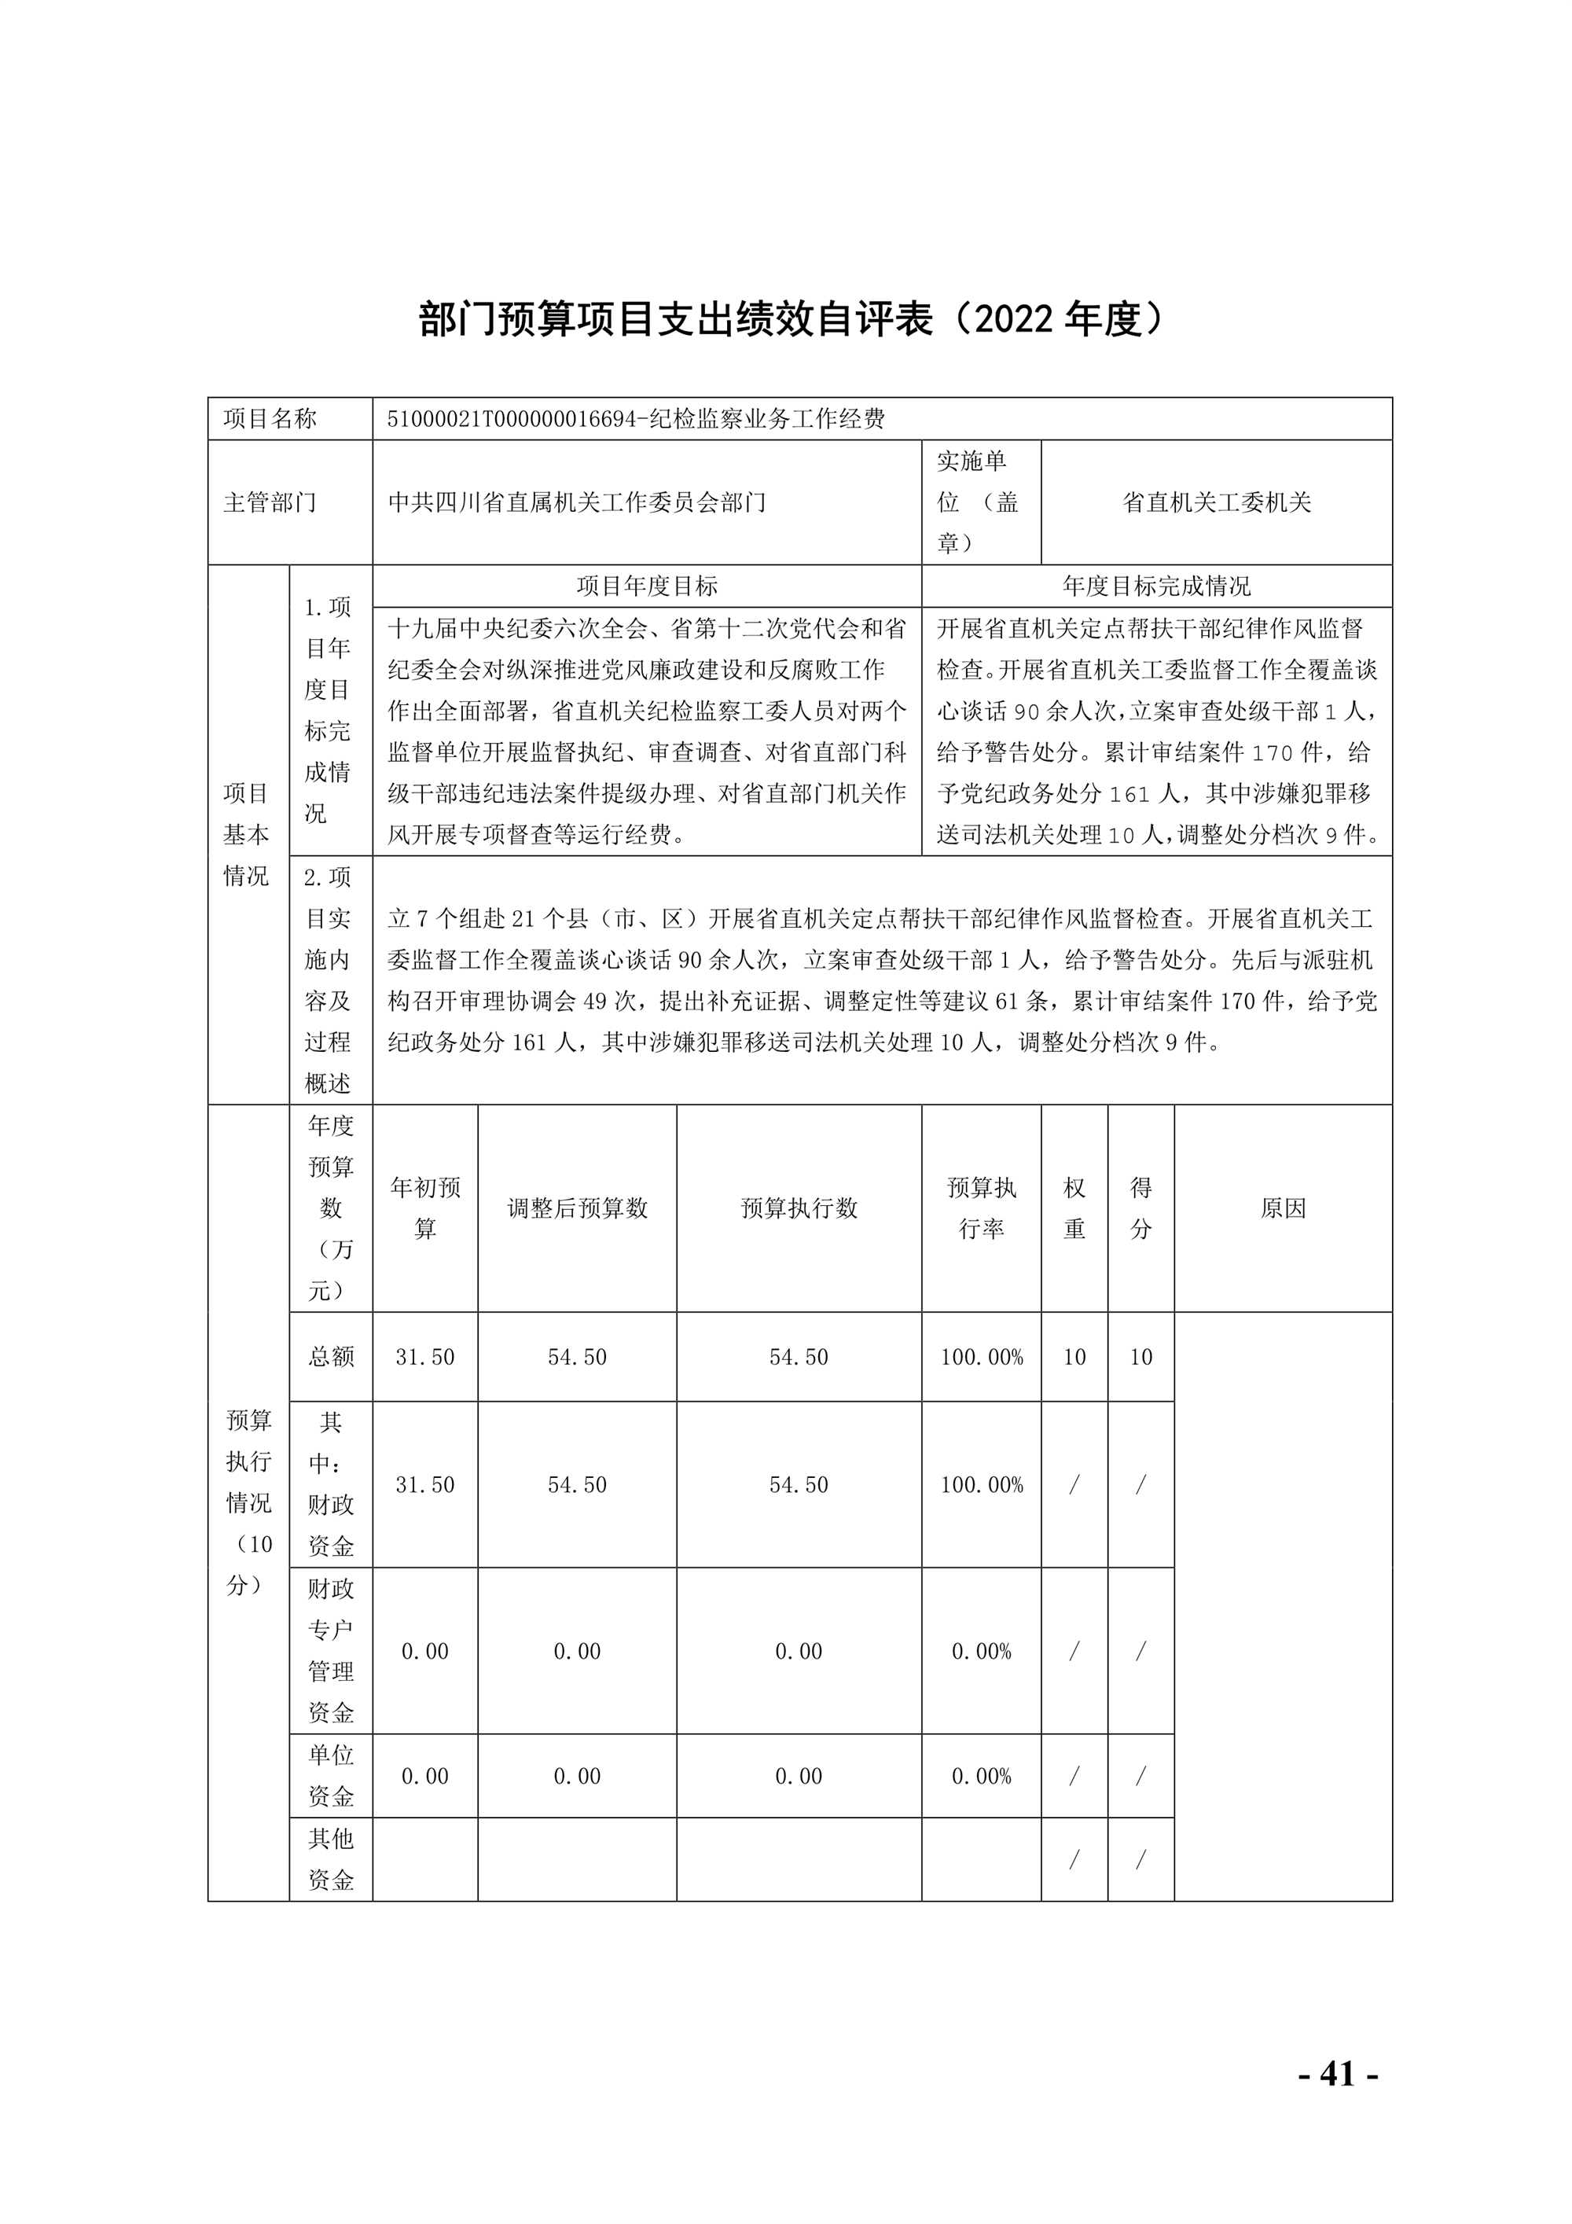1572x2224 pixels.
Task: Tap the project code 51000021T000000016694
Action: (x=509, y=420)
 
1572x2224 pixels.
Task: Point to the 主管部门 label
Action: (x=270, y=502)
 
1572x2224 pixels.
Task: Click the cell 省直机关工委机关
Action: (x=1216, y=502)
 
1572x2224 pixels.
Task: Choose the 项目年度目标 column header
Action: (x=646, y=586)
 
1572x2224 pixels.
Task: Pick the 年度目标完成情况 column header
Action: (x=1156, y=586)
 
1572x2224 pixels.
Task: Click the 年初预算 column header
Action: (x=424, y=1208)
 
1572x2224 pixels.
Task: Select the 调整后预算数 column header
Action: (x=577, y=1208)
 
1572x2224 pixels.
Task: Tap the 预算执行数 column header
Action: (x=799, y=1208)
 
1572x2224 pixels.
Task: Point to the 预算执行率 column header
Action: (x=981, y=1208)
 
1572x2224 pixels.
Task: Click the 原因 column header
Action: (x=1284, y=1208)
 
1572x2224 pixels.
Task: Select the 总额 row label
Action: (x=330, y=1356)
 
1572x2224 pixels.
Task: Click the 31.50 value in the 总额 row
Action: (x=424, y=1357)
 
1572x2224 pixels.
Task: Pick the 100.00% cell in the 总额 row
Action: (x=981, y=1357)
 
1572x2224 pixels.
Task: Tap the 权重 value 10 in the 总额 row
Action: (x=1074, y=1357)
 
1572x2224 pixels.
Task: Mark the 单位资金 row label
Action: (x=330, y=1776)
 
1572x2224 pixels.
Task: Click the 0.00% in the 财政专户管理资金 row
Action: (x=981, y=1652)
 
